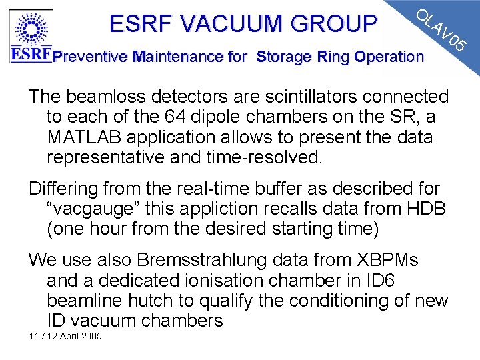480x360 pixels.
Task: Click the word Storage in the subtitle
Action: pyautogui.click(x=283, y=57)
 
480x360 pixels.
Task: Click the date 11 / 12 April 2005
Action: pyautogui.click(x=65, y=336)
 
